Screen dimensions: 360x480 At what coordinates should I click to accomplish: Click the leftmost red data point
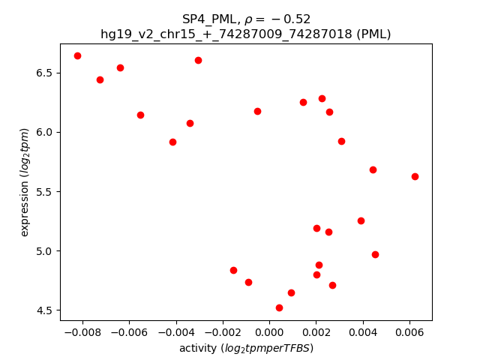click(77, 55)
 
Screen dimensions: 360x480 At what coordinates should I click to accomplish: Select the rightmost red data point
click(415, 176)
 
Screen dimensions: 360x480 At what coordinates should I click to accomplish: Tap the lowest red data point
click(279, 307)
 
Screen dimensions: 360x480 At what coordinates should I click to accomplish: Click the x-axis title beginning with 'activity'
click(246, 348)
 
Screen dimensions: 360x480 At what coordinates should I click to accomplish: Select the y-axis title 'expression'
click(25, 182)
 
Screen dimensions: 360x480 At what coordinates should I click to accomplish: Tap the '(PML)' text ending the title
click(373, 34)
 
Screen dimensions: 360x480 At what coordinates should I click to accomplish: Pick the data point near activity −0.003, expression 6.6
click(198, 60)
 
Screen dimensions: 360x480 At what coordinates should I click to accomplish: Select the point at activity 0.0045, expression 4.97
click(375, 254)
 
